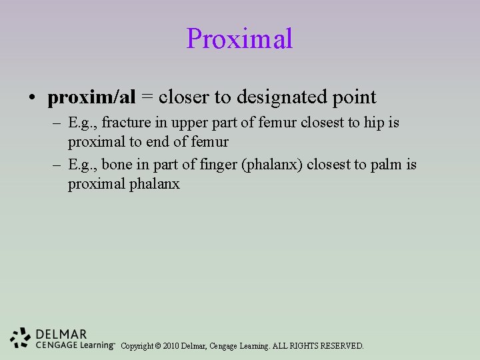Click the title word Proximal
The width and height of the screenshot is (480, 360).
[239, 39]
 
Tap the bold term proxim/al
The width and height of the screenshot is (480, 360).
[91, 97]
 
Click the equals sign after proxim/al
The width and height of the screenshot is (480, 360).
[147, 97]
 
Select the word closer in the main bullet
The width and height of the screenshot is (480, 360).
[184, 97]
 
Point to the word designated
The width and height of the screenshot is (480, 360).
[275, 97]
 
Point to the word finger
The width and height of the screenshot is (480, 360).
[217, 165]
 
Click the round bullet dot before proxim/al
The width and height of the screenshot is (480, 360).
[32, 98]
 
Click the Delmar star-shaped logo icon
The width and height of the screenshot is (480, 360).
[21, 338]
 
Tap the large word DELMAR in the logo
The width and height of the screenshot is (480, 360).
[62, 334]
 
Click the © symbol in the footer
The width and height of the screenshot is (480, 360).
[157, 346]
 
